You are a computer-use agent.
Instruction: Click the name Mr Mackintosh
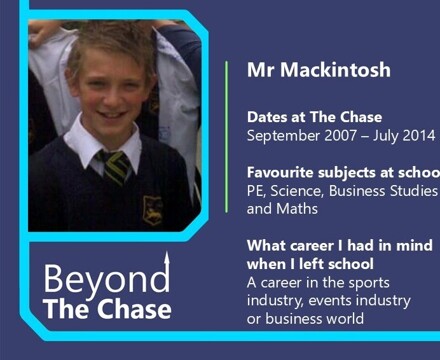click(318, 71)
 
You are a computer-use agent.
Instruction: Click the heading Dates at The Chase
click(314, 117)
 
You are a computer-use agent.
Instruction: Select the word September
click(284, 136)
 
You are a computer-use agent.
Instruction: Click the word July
click(385, 136)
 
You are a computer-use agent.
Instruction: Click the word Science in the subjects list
click(299, 190)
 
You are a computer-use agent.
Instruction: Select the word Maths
click(297, 209)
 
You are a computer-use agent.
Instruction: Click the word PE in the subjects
click(256, 190)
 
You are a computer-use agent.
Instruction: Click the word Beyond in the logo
click(105, 279)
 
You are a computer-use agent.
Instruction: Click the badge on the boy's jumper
click(152, 209)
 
